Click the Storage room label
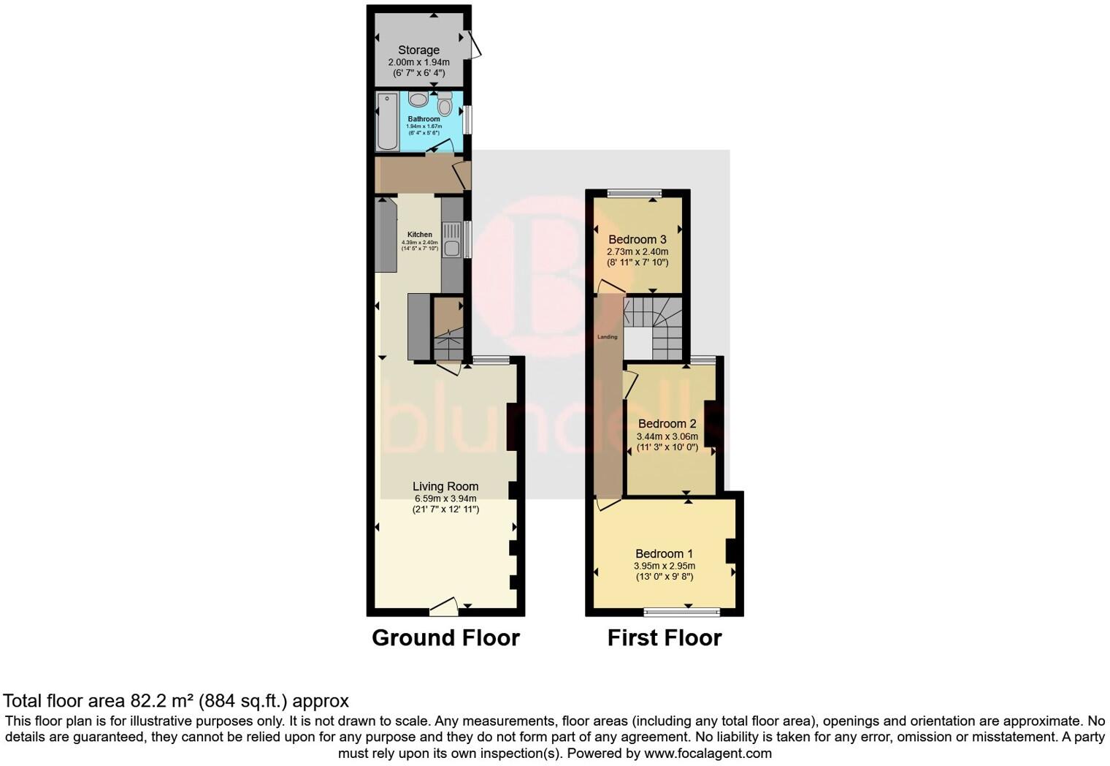pos(418,50)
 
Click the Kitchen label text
pos(420,235)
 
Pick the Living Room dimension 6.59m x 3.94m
pos(445,498)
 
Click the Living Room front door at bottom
pos(444,605)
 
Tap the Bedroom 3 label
pos(637,239)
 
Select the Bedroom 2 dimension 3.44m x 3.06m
pos(667,436)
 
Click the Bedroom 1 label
pos(664,553)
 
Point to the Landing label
pos(608,337)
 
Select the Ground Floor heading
pos(445,637)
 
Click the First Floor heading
pos(665,637)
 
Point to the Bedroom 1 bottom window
pos(681,612)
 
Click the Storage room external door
pos(474,43)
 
